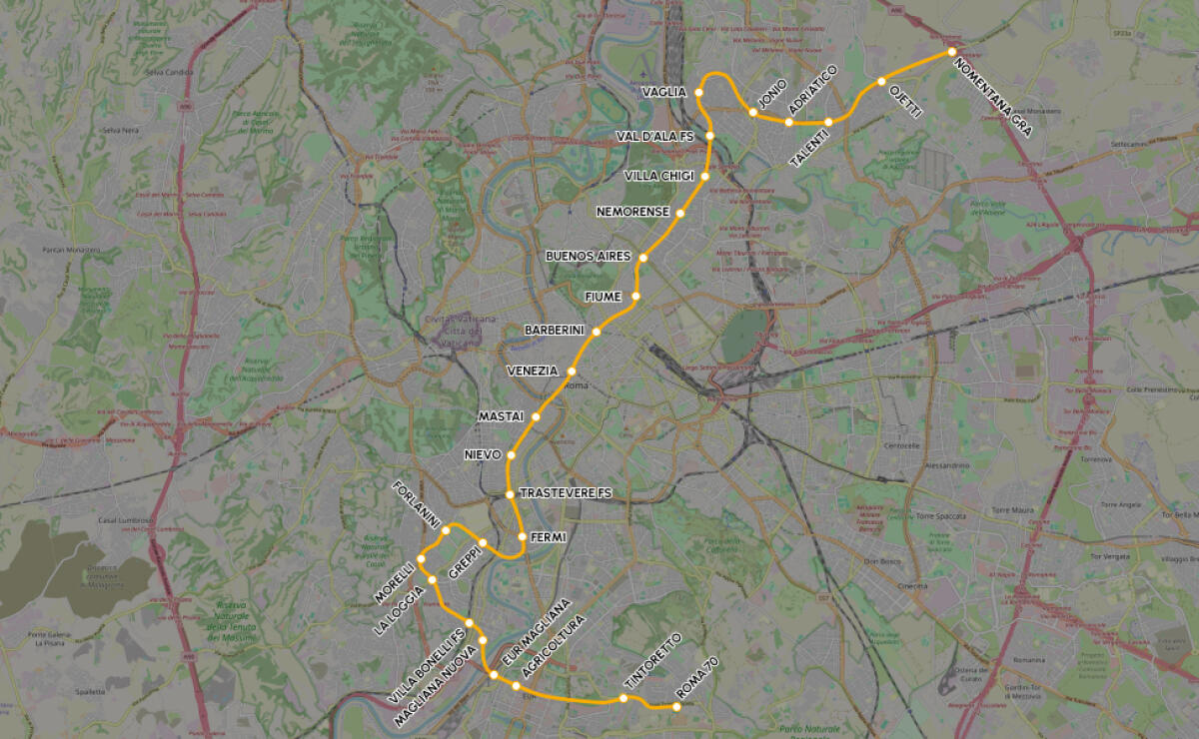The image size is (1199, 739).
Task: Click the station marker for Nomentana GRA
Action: coord(952,52)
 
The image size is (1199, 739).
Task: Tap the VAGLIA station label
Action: coord(664,92)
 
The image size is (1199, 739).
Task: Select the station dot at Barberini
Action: coord(597,332)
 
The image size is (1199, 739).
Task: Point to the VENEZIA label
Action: coord(533,370)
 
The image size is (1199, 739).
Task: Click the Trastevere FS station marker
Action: coord(510,494)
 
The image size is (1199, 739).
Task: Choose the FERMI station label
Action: coord(549,537)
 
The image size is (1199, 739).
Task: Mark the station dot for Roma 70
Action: coord(676,707)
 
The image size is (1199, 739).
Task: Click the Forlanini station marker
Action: coord(446,530)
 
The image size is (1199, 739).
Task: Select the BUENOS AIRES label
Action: coord(589,257)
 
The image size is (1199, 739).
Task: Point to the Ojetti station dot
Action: coord(881,82)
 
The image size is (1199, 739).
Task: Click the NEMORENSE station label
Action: coord(632,212)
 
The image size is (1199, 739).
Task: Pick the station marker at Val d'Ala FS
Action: coord(709,136)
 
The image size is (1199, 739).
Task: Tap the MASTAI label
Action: coord(502,415)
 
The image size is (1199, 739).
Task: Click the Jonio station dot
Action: coord(752,112)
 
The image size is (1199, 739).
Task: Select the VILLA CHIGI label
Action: coord(658,176)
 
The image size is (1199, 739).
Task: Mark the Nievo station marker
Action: coord(511,455)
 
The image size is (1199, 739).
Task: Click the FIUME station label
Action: coord(603,297)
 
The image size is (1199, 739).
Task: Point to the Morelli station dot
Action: coord(422,558)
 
